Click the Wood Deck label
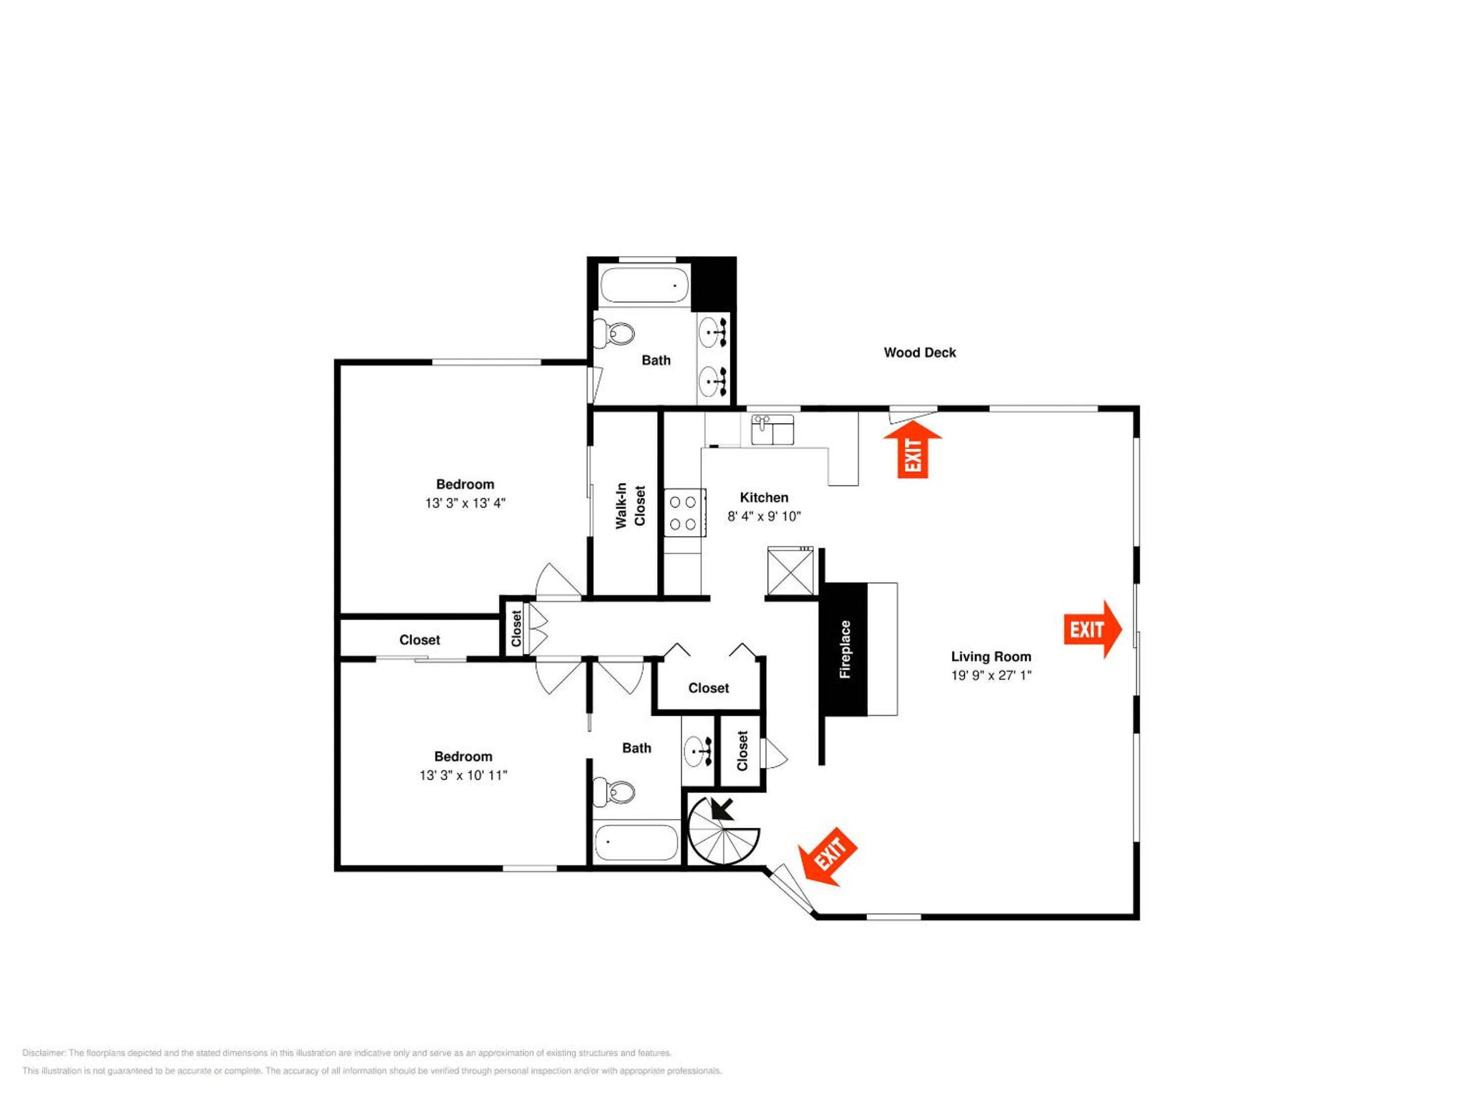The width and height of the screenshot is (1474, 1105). pyautogui.click(x=920, y=352)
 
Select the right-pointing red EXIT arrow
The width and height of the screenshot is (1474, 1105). pyautogui.click(x=1093, y=629)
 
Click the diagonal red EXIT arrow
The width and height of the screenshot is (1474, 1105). pyautogui.click(x=828, y=856)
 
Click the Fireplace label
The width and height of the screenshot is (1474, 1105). pyautogui.click(x=845, y=649)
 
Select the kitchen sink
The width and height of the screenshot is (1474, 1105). pyautogui.click(x=772, y=430)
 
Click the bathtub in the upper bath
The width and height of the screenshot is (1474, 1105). pyautogui.click(x=644, y=285)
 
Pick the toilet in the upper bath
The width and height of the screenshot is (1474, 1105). pyautogui.click(x=614, y=333)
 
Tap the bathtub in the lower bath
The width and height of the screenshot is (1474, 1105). pyautogui.click(x=636, y=842)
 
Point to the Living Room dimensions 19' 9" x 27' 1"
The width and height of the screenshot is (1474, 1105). pyautogui.click(x=991, y=675)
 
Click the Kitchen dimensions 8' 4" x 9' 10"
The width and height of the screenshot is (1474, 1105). pyautogui.click(x=764, y=516)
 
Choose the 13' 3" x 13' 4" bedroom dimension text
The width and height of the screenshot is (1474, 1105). pyautogui.click(x=465, y=503)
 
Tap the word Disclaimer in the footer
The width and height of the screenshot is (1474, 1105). pyautogui.click(x=44, y=1053)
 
